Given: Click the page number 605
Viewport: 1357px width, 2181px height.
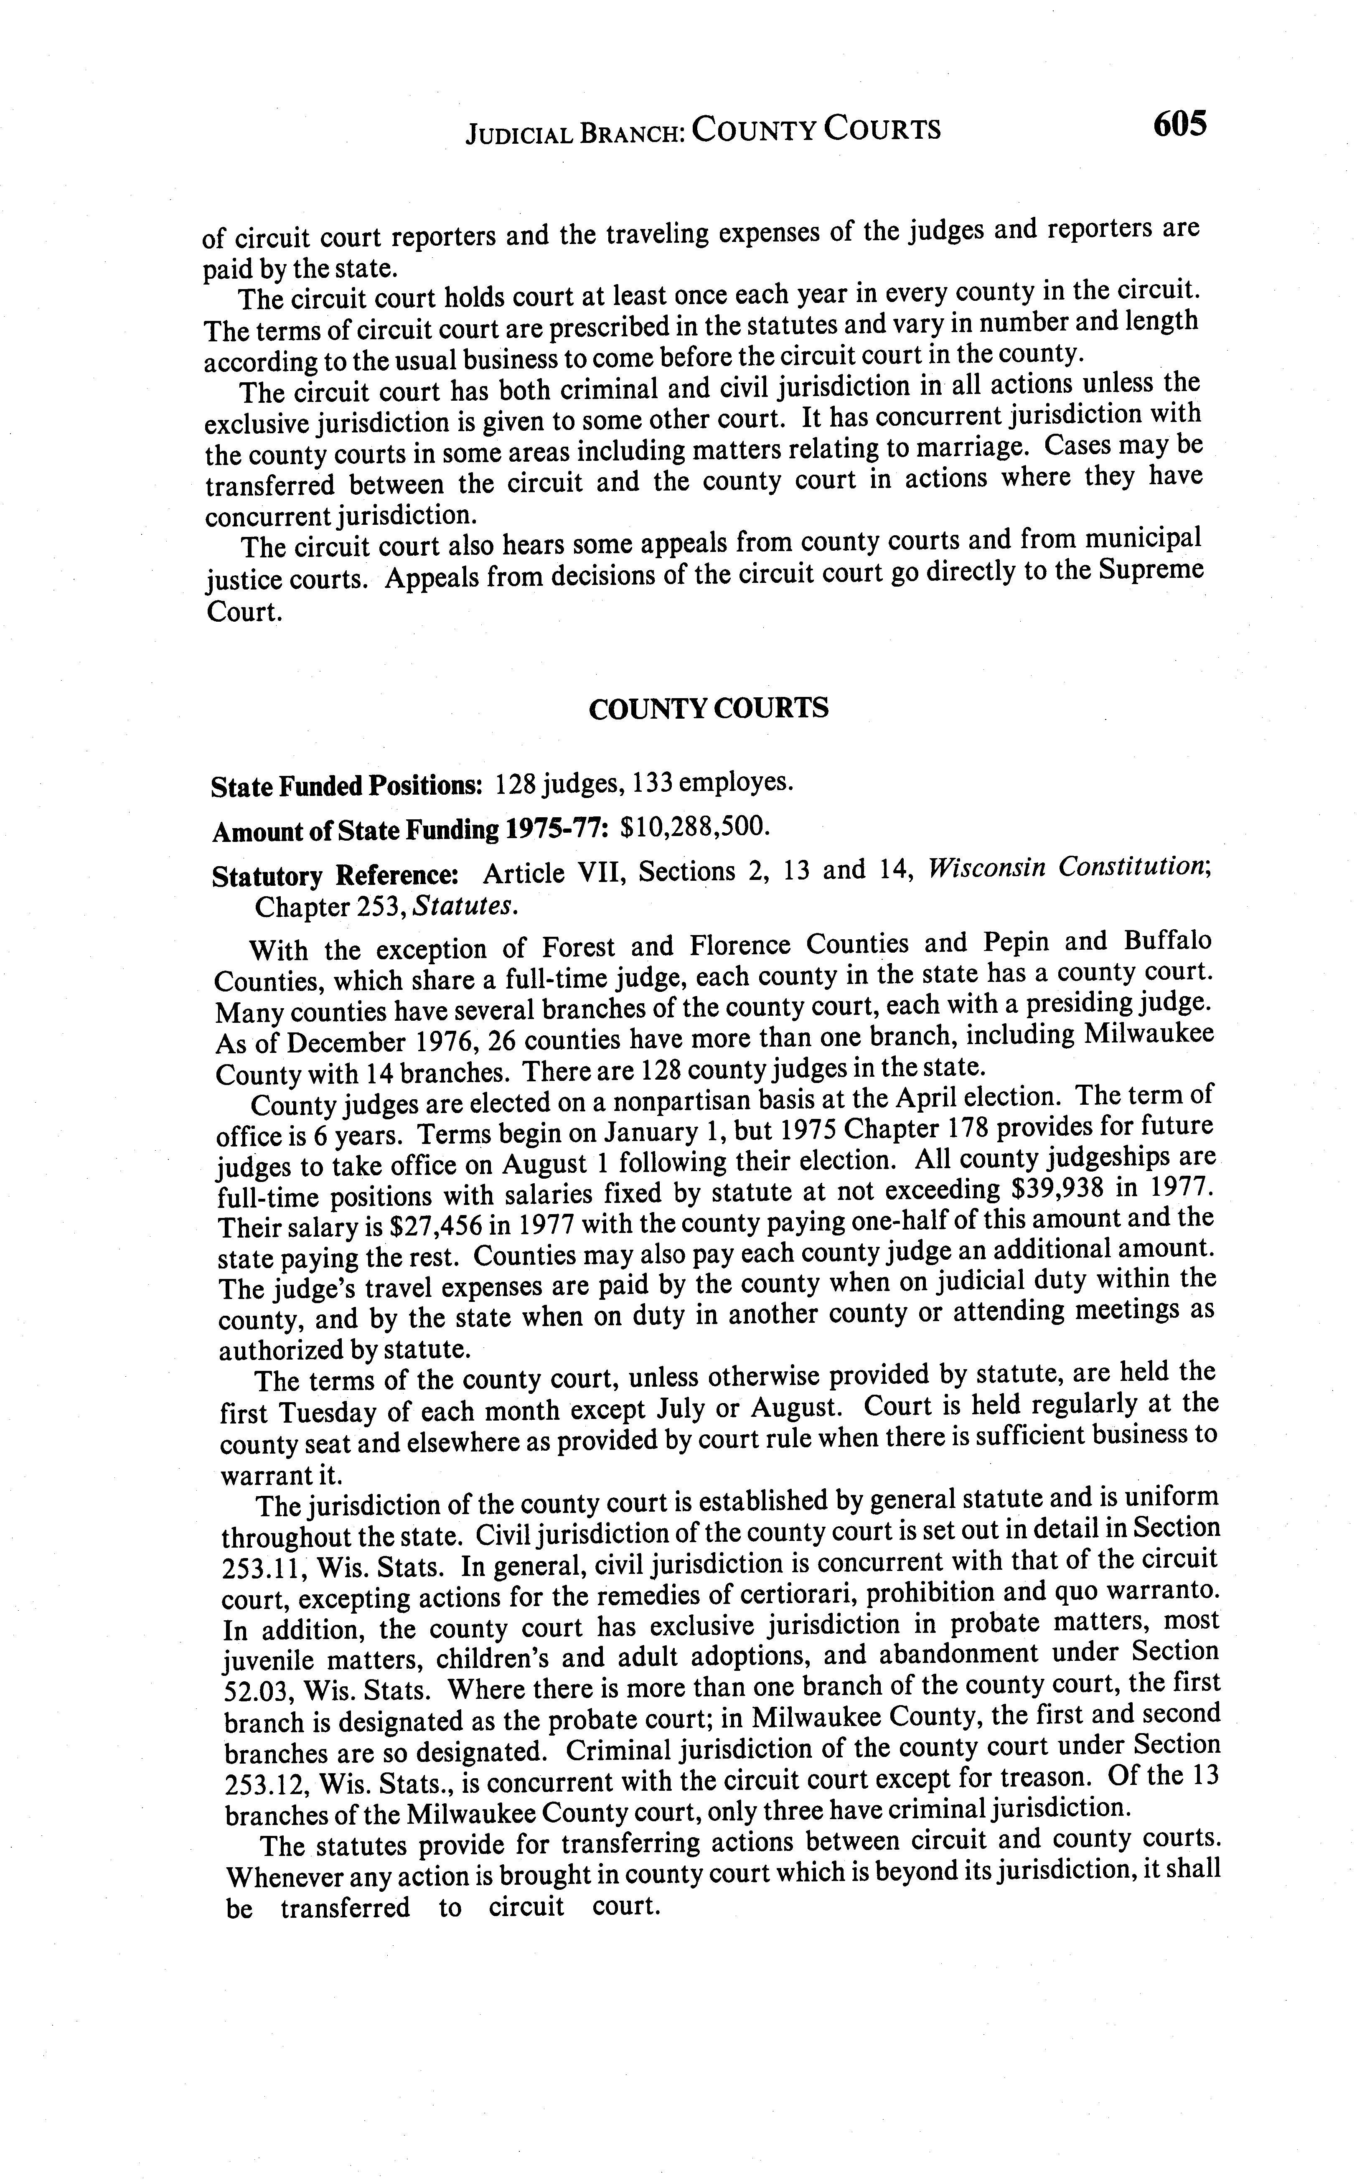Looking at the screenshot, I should [x=1179, y=123].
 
